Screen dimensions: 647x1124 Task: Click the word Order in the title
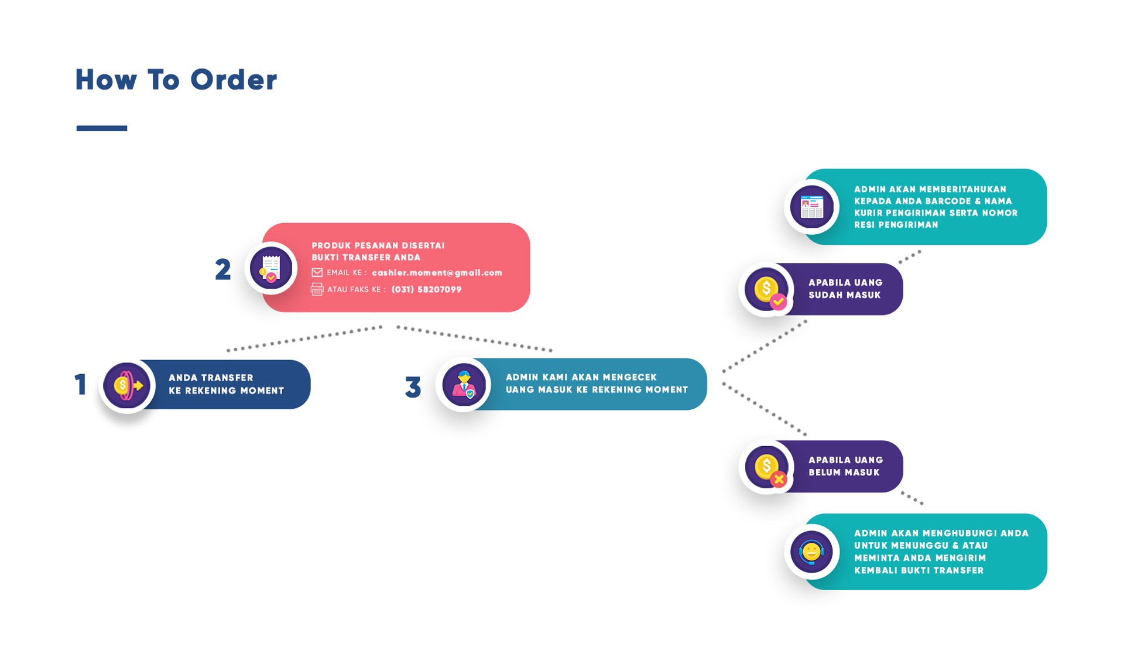tap(233, 80)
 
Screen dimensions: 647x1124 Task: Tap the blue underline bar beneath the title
tap(101, 128)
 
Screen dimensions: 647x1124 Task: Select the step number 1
tap(81, 385)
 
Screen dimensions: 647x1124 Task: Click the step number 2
tap(222, 270)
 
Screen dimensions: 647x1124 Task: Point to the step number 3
tap(413, 387)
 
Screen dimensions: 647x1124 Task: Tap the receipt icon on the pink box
tap(271, 269)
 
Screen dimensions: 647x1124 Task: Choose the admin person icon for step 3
tap(464, 385)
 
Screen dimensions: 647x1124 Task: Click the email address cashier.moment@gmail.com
tap(437, 273)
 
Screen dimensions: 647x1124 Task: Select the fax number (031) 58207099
tap(426, 289)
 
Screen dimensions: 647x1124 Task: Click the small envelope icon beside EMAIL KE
tap(317, 272)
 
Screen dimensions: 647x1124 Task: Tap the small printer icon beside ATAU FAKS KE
tap(317, 289)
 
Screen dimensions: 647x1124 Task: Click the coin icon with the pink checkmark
tap(767, 290)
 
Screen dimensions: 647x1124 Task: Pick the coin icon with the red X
tap(767, 467)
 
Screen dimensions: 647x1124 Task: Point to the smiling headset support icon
tap(811, 552)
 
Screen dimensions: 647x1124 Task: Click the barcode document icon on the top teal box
tap(811, 207)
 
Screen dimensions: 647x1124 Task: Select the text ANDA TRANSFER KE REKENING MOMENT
tap(226, 384)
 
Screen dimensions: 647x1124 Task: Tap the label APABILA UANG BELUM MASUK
tap(845, 466)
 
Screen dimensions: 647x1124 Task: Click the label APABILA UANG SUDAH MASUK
tap(845, 289)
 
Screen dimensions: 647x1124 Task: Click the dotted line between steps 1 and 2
tap(304, 338)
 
